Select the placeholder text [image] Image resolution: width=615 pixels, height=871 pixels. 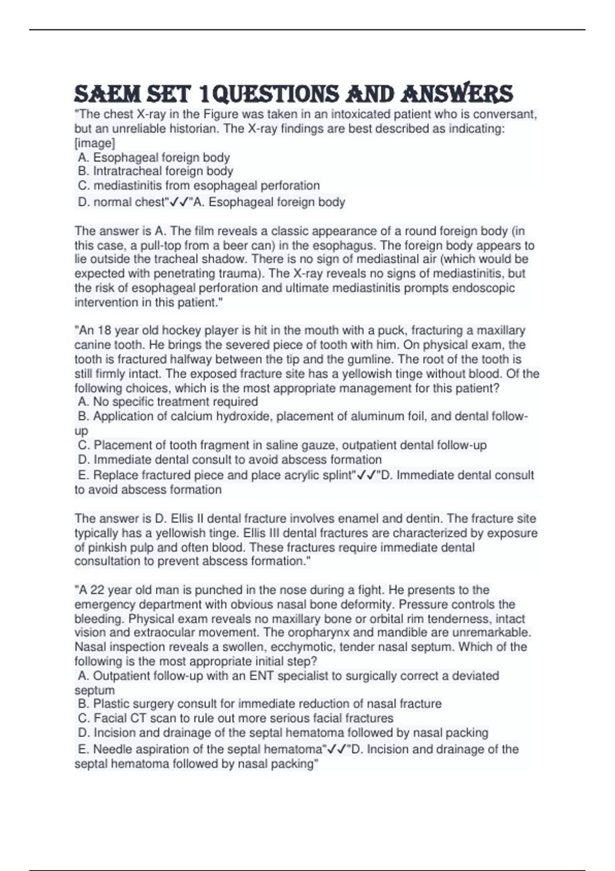point(95,143)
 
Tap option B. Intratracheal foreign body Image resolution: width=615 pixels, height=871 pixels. point(155,171)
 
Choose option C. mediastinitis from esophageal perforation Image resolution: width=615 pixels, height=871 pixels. point(198,185)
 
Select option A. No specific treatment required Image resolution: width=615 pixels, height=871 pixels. point(168,402)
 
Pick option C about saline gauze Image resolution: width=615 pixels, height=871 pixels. point(282,445)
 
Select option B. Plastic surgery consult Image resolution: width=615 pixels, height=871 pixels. point(259,704)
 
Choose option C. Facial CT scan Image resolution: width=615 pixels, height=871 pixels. point(236,718)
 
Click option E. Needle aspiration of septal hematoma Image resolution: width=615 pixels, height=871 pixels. point(200,750)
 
